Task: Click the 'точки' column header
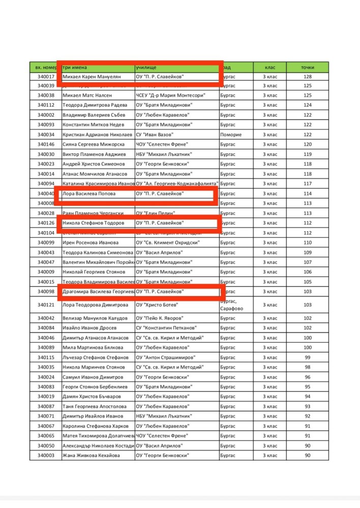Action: tap(307, 67)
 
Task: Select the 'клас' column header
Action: tap(269, 67)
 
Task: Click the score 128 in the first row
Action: tap(307, 77)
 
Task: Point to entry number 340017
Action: tap(46, 77)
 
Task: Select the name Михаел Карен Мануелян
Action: tap(92, 77)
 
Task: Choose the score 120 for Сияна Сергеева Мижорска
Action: tap(307, 144)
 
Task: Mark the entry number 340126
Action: tap(46, 223)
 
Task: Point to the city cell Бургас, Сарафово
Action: tap(233, 305)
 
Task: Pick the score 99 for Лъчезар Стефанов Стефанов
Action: tap(307, 358)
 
